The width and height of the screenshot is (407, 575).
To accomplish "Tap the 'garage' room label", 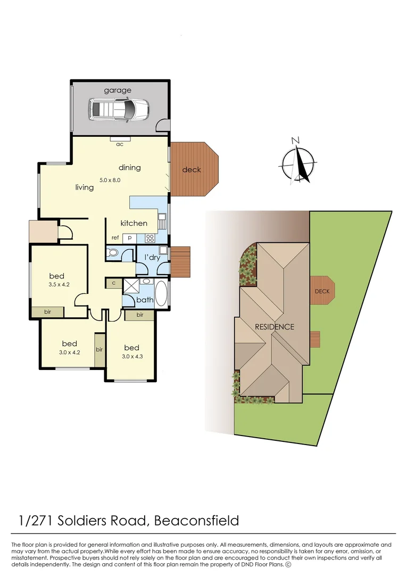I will click(x=118, y=91).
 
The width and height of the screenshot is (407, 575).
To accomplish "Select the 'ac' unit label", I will click(x=120, y=144).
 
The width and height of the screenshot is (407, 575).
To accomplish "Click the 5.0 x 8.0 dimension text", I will click(x=111, y=180).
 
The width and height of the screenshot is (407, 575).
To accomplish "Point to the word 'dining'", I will click(x=129, y=168).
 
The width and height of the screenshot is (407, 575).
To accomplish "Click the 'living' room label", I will click(x=84, y=187).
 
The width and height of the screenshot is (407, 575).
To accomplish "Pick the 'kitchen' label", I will click(x=134, y=223).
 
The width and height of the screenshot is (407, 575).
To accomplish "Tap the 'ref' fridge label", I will click(x=115, y=237).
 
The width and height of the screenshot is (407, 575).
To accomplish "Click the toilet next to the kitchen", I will click(x=113, y=252).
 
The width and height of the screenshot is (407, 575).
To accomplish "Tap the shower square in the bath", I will click(x=131, y=286).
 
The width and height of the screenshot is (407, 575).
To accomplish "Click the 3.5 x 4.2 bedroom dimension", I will click(x=59, y=284).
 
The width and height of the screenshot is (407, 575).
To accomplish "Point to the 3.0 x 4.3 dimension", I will click(x=131, y=356).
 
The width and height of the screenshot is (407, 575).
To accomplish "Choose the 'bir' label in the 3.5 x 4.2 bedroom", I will click(x=48, y=312).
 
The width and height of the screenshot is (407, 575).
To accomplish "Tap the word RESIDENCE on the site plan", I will click(x=274, y=327).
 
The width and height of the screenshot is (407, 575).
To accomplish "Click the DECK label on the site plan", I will click(x=322, y=292).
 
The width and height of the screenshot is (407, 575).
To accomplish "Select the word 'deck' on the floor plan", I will click(x=192, y=170).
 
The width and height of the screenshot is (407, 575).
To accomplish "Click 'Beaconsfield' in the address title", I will click(x=196, y=520).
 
